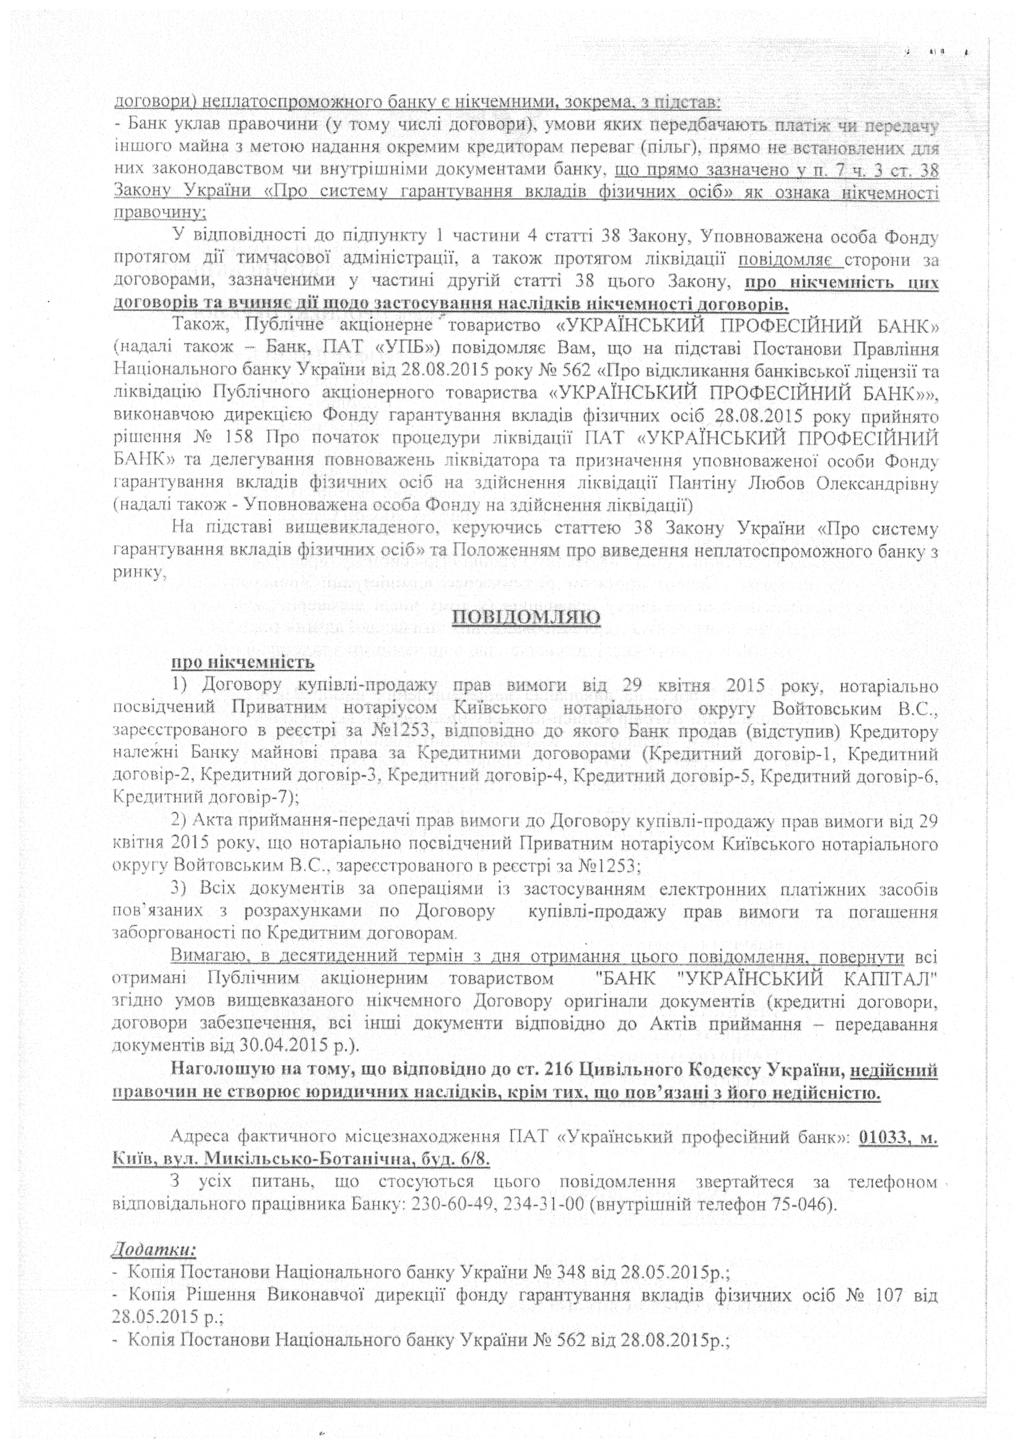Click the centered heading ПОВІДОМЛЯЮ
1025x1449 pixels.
pos(526,617)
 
